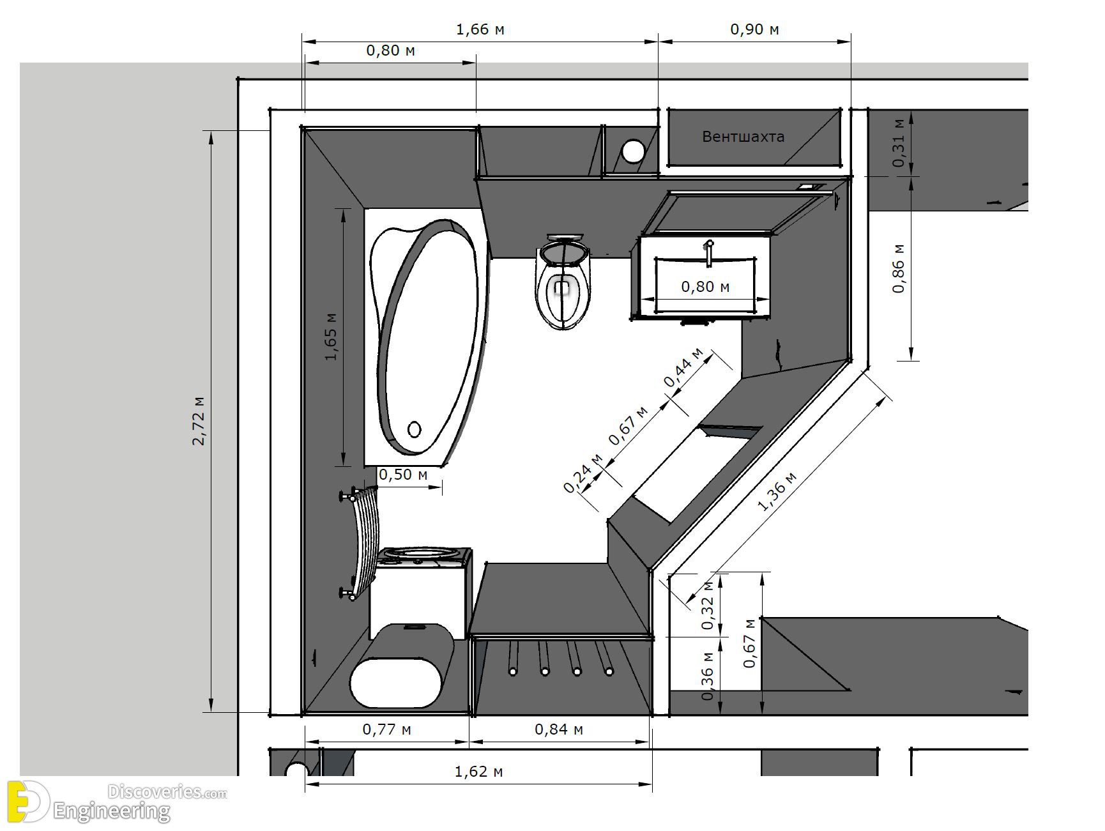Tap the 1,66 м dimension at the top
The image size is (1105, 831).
[x=480, y=29]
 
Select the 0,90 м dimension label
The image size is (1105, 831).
[x=754, y=29]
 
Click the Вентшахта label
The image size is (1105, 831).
[x=743, y=136]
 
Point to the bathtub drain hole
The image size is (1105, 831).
[x=415, y=429]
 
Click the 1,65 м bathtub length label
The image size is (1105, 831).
[x=331, y=337]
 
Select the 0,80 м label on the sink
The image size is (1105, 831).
[x=705, y=287]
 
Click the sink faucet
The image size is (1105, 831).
[x=708, y=252]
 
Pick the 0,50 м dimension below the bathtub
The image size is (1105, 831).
[x=403, y=475]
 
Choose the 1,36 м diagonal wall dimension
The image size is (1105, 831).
[x=777, y=492]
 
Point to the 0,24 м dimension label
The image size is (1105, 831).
[x=583, y=473]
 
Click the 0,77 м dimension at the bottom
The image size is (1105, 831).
[x=387, y=729]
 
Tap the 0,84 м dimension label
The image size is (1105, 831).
[x=559, y=729]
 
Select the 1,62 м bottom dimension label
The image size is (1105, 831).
[x=478, y=771]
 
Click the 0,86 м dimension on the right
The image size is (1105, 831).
[x=899, y=268]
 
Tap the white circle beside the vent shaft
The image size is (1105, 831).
[x=634, y=151]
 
